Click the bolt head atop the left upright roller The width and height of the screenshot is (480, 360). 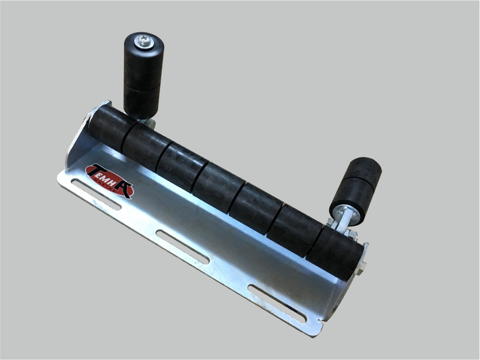coord(145,41)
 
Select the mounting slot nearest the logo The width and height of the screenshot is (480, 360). coord(96,195)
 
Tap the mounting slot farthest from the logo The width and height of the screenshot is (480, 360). coord(277,303)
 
